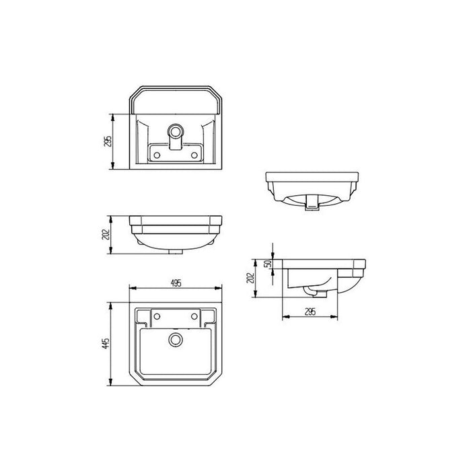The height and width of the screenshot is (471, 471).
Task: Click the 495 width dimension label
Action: tap(176, 283)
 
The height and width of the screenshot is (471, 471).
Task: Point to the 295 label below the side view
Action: tap(311, 310)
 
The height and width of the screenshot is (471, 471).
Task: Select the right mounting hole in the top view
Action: tap(197, 316)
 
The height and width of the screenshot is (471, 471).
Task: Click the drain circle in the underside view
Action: tap(176, 131)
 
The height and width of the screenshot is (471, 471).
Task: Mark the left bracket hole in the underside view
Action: tap(157, 154)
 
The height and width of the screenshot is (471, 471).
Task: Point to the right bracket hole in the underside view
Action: tap(196, 154)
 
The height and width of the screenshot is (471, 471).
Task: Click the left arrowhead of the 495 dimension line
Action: tap(131, 289)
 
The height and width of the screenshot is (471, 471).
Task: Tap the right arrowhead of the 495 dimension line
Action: tap(221, 289)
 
